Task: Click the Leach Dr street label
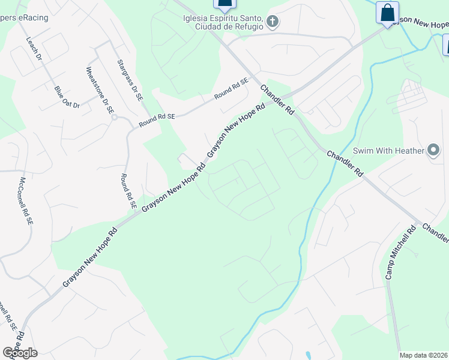pyautogui.click(x=34, y=49)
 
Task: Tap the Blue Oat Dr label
pyautogui.click(x=67, y=97)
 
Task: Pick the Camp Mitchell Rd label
pyautogui.click(x=401, y=252)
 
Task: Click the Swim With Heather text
pyautogui.click(x=388, y=151)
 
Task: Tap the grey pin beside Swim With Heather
pyautogui.click(x=434, y=150)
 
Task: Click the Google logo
pyautogui.click(x=20, y=353)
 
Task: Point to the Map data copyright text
pyautogui.click(x=424, y=355)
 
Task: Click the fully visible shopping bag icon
pyautogui.click(x=388, y=12)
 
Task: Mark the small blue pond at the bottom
pyautogui.click(x=307, y=355)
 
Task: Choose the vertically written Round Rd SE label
pyautogui.click(x=127, y=191)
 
